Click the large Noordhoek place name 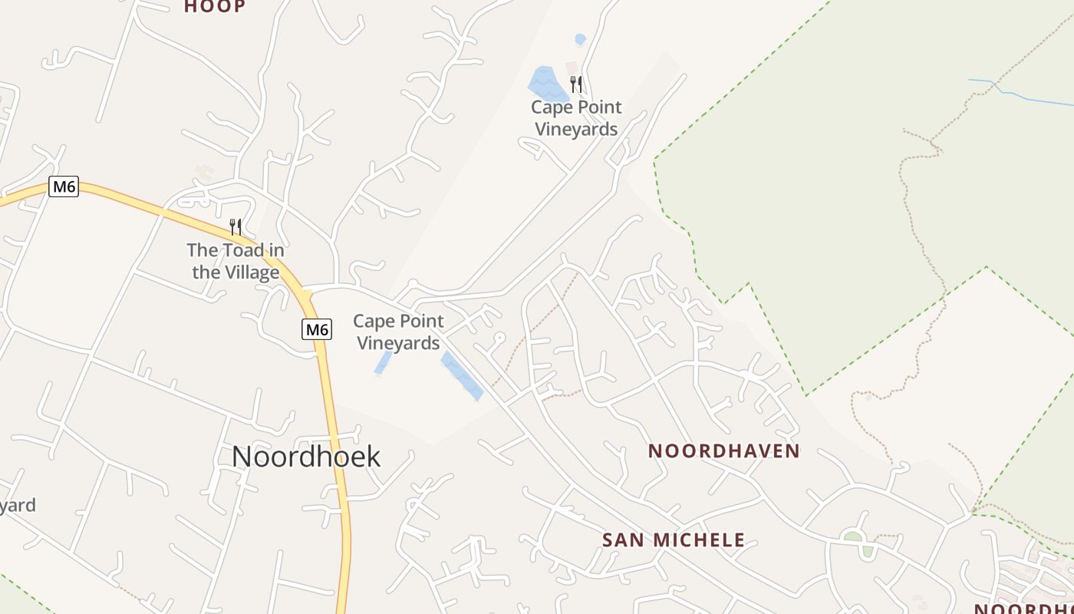306,457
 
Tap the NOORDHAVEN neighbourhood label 724,451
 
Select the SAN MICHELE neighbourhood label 674,540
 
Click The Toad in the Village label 236,261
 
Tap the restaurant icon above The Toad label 236,226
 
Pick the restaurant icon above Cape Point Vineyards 576,84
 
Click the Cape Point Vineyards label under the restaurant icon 576,118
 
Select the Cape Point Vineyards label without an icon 398,332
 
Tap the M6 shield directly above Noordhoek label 317,330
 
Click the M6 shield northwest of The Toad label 64,187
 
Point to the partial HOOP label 215,7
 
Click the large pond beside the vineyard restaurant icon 548,84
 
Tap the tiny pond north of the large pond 581,39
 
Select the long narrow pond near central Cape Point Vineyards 462,376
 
